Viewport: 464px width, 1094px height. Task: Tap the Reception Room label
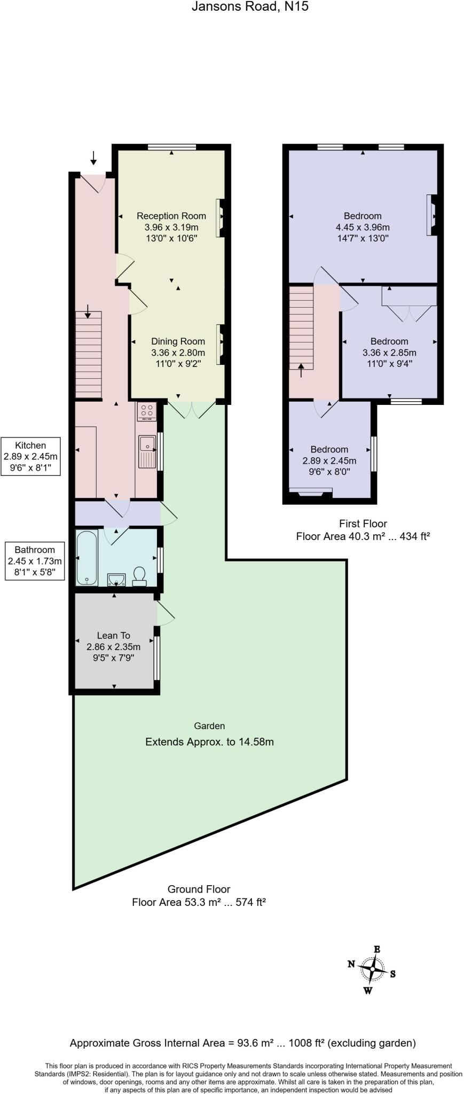(x=171, y=216)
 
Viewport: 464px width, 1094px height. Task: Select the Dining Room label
(x=178, y=341)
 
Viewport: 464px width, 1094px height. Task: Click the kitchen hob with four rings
(x=147, y=411)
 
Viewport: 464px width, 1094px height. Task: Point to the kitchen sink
(x=146, y=450)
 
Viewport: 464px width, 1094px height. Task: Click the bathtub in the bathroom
(x=86, y=557)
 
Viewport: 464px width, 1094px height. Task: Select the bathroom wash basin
(x=116, y=579)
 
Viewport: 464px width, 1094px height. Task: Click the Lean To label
(x=113, y=635)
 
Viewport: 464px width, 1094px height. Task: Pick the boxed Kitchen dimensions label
(x=30, y=456)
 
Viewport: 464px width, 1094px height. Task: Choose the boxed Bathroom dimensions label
(x=35, y=561)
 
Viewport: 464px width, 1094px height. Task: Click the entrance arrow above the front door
(x=93, y=158)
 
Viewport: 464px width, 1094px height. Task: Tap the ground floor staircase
(x=88, y=355)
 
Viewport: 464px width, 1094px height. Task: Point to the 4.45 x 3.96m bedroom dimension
(x=363, y=227)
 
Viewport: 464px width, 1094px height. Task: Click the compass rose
(x=372, y=968)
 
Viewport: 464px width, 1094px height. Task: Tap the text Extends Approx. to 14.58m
(x=209, y=742)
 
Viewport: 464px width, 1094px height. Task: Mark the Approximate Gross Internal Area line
(x=243, y=1043)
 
